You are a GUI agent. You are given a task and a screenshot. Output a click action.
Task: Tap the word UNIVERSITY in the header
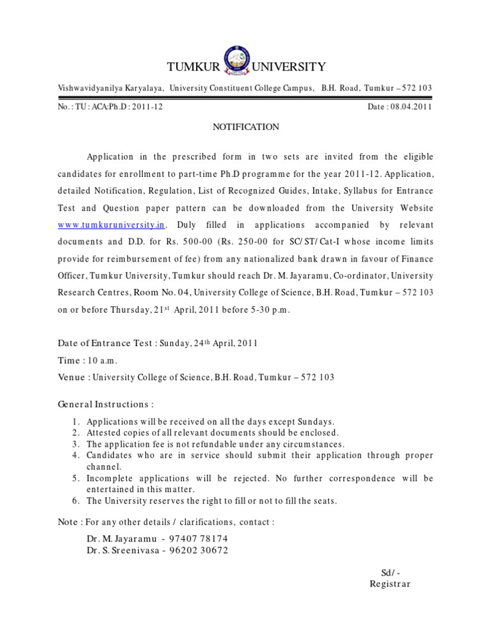pos(290,67)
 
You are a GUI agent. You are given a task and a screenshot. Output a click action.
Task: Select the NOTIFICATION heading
pos(246,127)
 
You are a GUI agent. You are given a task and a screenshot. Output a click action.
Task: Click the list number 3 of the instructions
pos(76,444)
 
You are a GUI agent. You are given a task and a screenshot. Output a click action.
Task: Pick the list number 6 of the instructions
pos(76,501)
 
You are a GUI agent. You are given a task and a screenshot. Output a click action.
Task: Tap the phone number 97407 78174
pos(199,538)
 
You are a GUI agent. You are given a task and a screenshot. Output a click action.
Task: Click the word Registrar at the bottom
pos(390,584)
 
